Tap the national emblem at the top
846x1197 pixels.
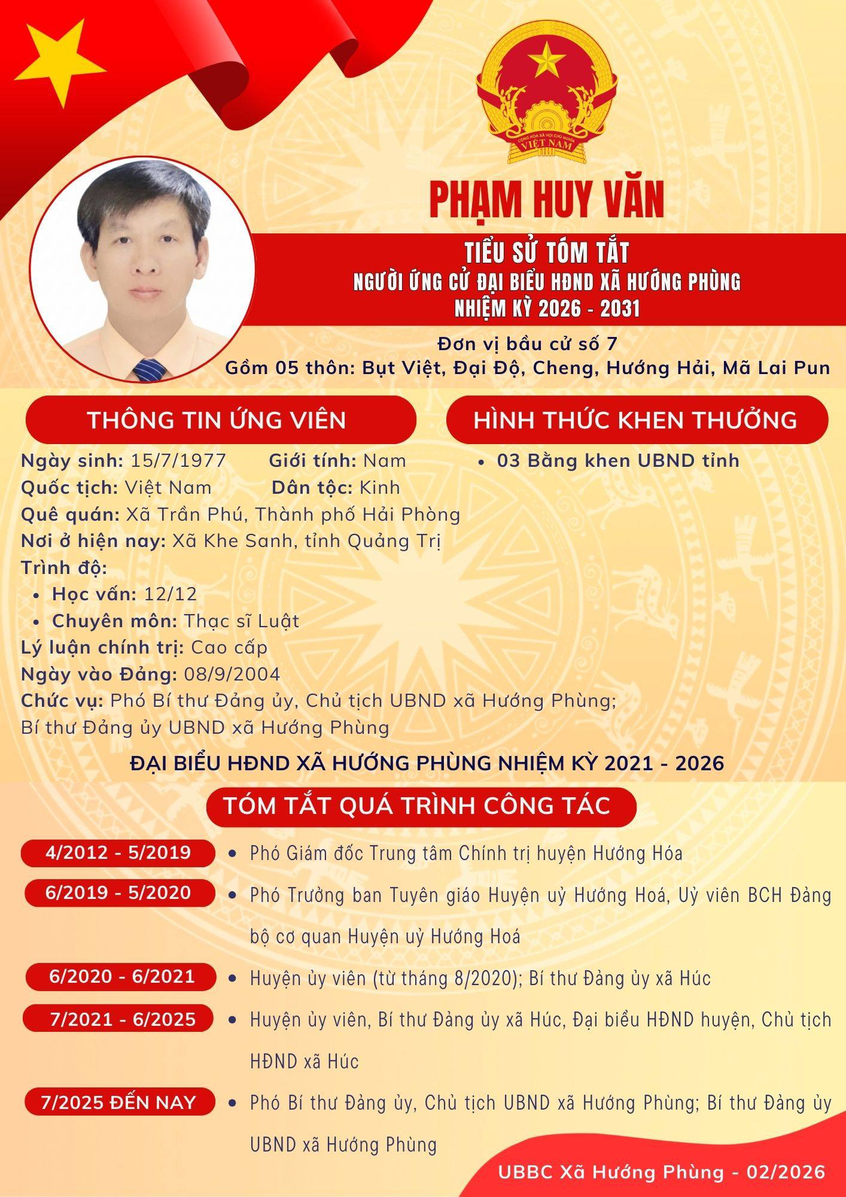click(x=546, y=93)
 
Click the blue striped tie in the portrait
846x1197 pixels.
click(x=150, y=370)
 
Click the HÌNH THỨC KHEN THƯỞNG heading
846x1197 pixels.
click(x=635, y=420)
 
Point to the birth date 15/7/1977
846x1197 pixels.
click(x=178, y=461)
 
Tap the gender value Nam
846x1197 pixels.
click(x=385, y=461)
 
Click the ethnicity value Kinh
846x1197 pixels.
click(x=379, y=488)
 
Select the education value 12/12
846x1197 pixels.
click(x=171, y=594)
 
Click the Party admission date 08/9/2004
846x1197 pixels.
click(x=232, y=675)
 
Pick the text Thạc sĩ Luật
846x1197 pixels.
click(x=241, y=621)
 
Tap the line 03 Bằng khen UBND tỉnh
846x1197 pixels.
click(x=617, y=461)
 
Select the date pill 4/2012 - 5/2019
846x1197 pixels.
click(x=118, y=852)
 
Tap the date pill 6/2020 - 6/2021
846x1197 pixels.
click(x=121, y=977)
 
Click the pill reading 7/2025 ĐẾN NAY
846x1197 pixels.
click(x=118, y=1103)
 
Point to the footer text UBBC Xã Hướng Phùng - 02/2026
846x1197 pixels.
click(x=661, y=1172)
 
